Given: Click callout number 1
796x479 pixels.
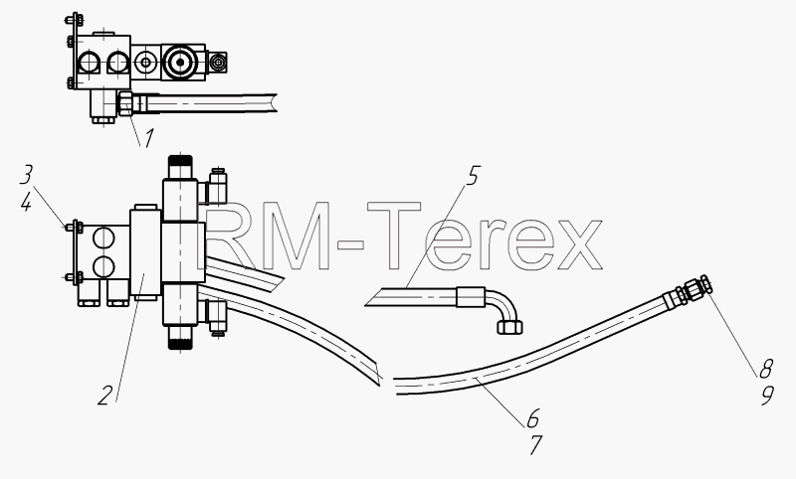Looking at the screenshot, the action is point(147,139).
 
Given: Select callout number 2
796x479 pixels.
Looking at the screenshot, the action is point(104,396).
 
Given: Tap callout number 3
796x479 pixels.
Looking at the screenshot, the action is point(26,175).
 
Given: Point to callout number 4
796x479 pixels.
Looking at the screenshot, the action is point(26,203).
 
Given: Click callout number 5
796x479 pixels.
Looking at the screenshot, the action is point(472,176).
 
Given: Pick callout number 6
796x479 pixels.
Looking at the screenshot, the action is point(532,418).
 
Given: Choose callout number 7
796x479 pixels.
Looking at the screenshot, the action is point(535,445).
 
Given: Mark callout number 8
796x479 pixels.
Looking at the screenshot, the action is point(765,369).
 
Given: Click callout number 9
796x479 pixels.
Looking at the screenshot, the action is point(767,396).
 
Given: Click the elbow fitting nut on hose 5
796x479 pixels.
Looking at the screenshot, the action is point(509,326).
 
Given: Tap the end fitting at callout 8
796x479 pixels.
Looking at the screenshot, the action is point(694,290).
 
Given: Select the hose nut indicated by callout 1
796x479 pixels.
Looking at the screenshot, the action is point(125,103).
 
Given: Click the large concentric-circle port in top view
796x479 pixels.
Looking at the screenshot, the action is point(179,62).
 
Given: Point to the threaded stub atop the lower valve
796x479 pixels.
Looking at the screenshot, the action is point(180,167).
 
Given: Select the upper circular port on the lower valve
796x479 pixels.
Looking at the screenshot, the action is point(103,238).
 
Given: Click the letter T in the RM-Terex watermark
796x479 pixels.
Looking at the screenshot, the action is point(394,236).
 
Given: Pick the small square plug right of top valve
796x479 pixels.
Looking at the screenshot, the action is point(219,62).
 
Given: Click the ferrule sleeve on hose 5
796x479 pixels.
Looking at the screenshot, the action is point(471,296).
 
